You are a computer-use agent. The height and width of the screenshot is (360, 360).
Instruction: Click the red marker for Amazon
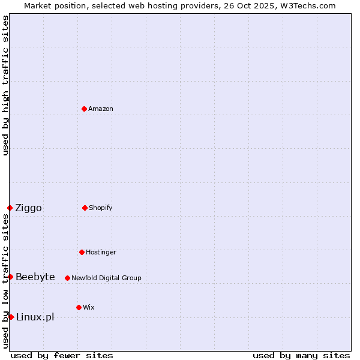pyautogui.click(x=84, y=109)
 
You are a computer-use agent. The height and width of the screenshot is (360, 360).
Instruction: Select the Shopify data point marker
pyautogui.click(x=85, y=208)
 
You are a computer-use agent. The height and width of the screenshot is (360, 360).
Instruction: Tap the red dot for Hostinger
pyautogui.click(x=82, y=252)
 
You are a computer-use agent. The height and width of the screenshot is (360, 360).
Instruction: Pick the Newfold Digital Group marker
pyautogui.click(x=67, y=278)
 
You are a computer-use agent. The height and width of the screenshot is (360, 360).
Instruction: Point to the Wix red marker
pyautogui.click(x=79, y=307)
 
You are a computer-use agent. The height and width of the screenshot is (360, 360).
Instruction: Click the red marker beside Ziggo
pyautogui.click(x=10, y=208)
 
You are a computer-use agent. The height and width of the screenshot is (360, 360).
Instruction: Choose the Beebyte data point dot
pyautogui.click(x=10, y=277)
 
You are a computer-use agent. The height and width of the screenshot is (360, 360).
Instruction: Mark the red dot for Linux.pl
pyautogui.click(x=11, y=317)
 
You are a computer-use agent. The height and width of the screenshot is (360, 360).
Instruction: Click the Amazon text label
pyautogui.click(x=101, y=109)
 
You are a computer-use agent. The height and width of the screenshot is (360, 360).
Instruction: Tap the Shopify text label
pyautogui.click(x=101, y=208)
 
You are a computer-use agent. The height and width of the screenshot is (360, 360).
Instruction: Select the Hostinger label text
pyautogui.click(x=101, y=252)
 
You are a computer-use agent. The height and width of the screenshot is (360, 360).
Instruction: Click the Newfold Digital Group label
pyautogui.click(x=106, y=278)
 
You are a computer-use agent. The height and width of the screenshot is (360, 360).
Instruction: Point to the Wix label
pyautogui.click(x=89, y=307)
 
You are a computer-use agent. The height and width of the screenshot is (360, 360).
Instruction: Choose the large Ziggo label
pyautogui.click(x=28, y=208)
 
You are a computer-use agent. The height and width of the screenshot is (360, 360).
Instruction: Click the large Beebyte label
pyautogui.click(x=35, y=277)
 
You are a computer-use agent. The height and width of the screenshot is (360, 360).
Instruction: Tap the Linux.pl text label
pyautogui.click(x=35, y=317)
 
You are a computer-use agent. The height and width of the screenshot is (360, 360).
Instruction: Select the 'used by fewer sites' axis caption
pyautogui.click(x=62, y=355)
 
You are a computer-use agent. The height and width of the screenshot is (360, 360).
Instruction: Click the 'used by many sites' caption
pyautogui.click(x=301, y=355)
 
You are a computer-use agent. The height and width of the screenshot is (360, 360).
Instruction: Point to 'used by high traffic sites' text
pyautogui.click(x=5, y=85)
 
